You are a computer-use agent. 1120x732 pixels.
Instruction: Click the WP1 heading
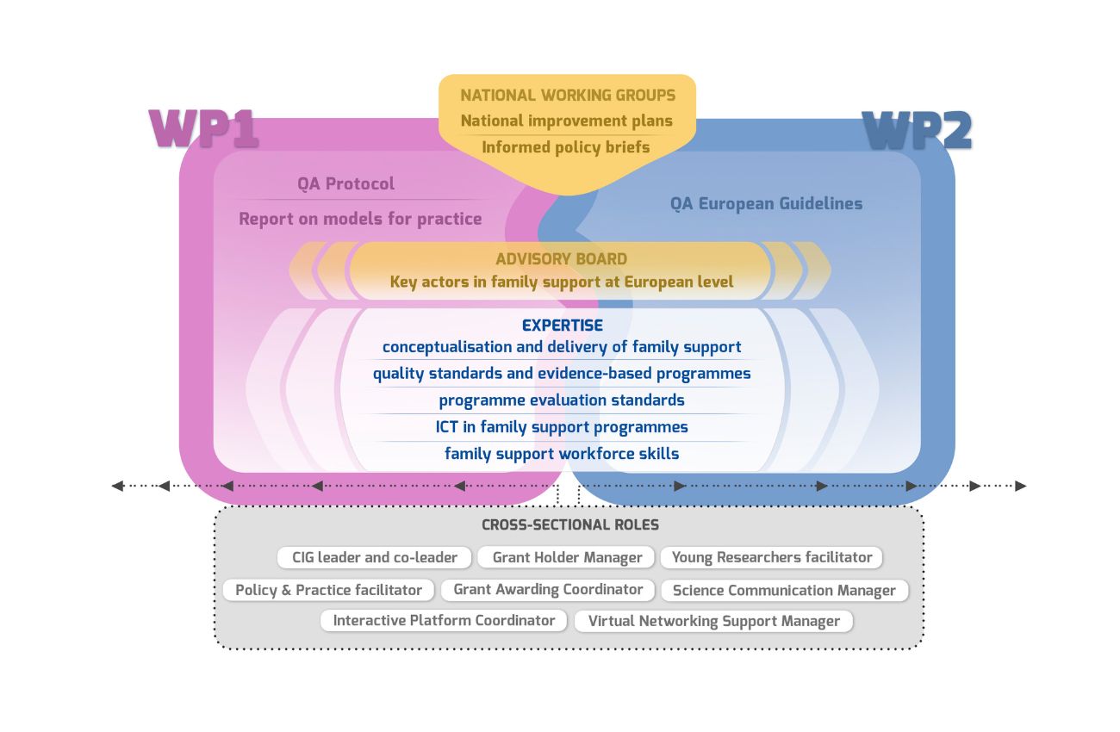(x=204, y=129)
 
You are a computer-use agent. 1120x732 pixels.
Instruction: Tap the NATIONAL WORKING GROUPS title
(x=568, y=96)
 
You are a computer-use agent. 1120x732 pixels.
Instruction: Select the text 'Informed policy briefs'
(x=566, y=147)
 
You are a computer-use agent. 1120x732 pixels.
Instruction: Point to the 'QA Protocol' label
(x=346, y=183)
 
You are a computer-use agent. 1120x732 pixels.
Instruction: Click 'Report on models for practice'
(x=360, y=219)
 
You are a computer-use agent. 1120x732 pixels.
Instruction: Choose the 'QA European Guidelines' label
(x=766, y=204)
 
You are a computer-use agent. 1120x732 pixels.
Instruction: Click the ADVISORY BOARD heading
(x=561, y=259)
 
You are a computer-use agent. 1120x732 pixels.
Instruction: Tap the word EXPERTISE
(x=563, y=326)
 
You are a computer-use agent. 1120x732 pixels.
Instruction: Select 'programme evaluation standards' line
(x=562, y=400)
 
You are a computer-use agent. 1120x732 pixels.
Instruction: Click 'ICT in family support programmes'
(x=562, y=427)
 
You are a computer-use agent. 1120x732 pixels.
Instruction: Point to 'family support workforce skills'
(x=562, y=454)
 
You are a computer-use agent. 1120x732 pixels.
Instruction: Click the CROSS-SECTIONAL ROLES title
(x=570, y=525)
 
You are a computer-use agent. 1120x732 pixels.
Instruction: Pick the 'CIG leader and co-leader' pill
(x=375, y=557)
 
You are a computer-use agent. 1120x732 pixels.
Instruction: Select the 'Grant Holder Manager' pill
(x=567, y=558)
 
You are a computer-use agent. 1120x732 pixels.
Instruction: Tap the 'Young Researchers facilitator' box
(x=772, y=557)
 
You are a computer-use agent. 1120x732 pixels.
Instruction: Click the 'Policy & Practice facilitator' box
(x=328, y=590)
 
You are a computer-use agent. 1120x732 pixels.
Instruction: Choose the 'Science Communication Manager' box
(x=784, y=591)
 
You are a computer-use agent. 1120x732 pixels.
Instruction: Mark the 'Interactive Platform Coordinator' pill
(x=444, y=620)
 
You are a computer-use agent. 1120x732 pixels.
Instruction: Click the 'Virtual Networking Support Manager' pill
(x=714, y=621)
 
